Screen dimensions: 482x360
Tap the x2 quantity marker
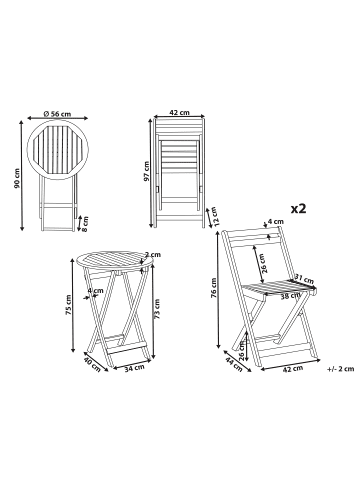click(298, 208)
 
